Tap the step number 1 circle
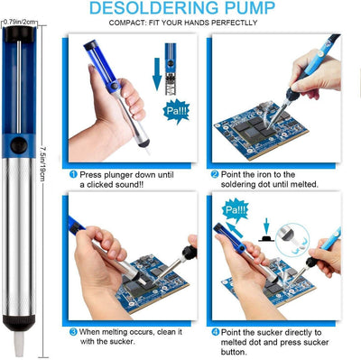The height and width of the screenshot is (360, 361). click(73, 173)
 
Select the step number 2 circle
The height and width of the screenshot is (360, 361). click(214, 173)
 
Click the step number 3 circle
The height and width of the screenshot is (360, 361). click(73, 332)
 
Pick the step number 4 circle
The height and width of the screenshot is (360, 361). click(214, 332)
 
